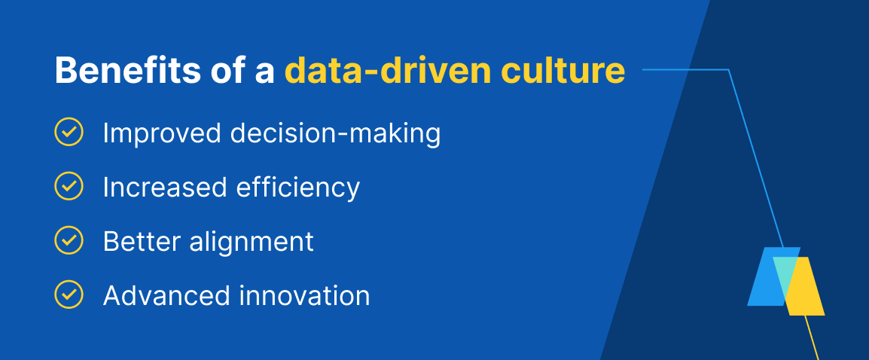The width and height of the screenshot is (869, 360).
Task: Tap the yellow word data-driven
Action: pyautogui.click(x=388, y=71)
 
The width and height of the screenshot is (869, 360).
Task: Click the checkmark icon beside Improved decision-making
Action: pyautogui.click(x=69, y=133)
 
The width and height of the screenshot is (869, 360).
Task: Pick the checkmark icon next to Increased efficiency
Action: pyautogui.click(x=69, y=186)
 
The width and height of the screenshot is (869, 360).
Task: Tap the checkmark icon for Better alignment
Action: pyautogui.click(x=69, y=241)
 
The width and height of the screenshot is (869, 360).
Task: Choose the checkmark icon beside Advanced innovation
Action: pyautogui.click(x=69, y=294)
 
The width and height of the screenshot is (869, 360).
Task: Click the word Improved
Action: pyautogui.click(x=162, y=134)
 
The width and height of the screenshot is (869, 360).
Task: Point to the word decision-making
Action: pyautogui.click(x=335, y=134)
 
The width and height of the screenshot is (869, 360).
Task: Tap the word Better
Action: pyautogui.click(x=142, y=241)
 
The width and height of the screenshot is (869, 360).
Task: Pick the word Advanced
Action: pyautogui.click(x=166, y=295)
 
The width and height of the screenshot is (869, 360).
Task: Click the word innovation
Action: pyautogui.click(x=304, y=295)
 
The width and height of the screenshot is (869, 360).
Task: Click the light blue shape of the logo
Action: pyautogui.click(x=766, y=276)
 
